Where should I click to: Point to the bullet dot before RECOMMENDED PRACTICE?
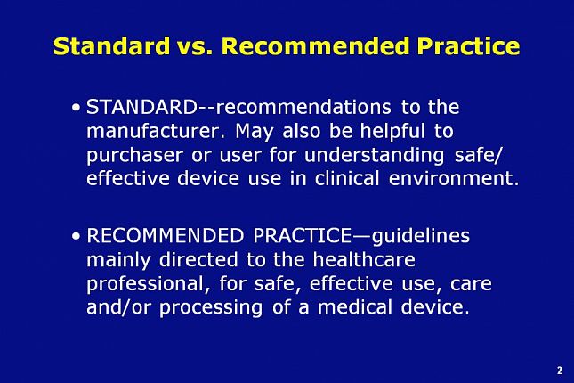click(77, 237)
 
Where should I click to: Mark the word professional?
click(145, 284)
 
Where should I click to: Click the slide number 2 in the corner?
click(559, 370)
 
